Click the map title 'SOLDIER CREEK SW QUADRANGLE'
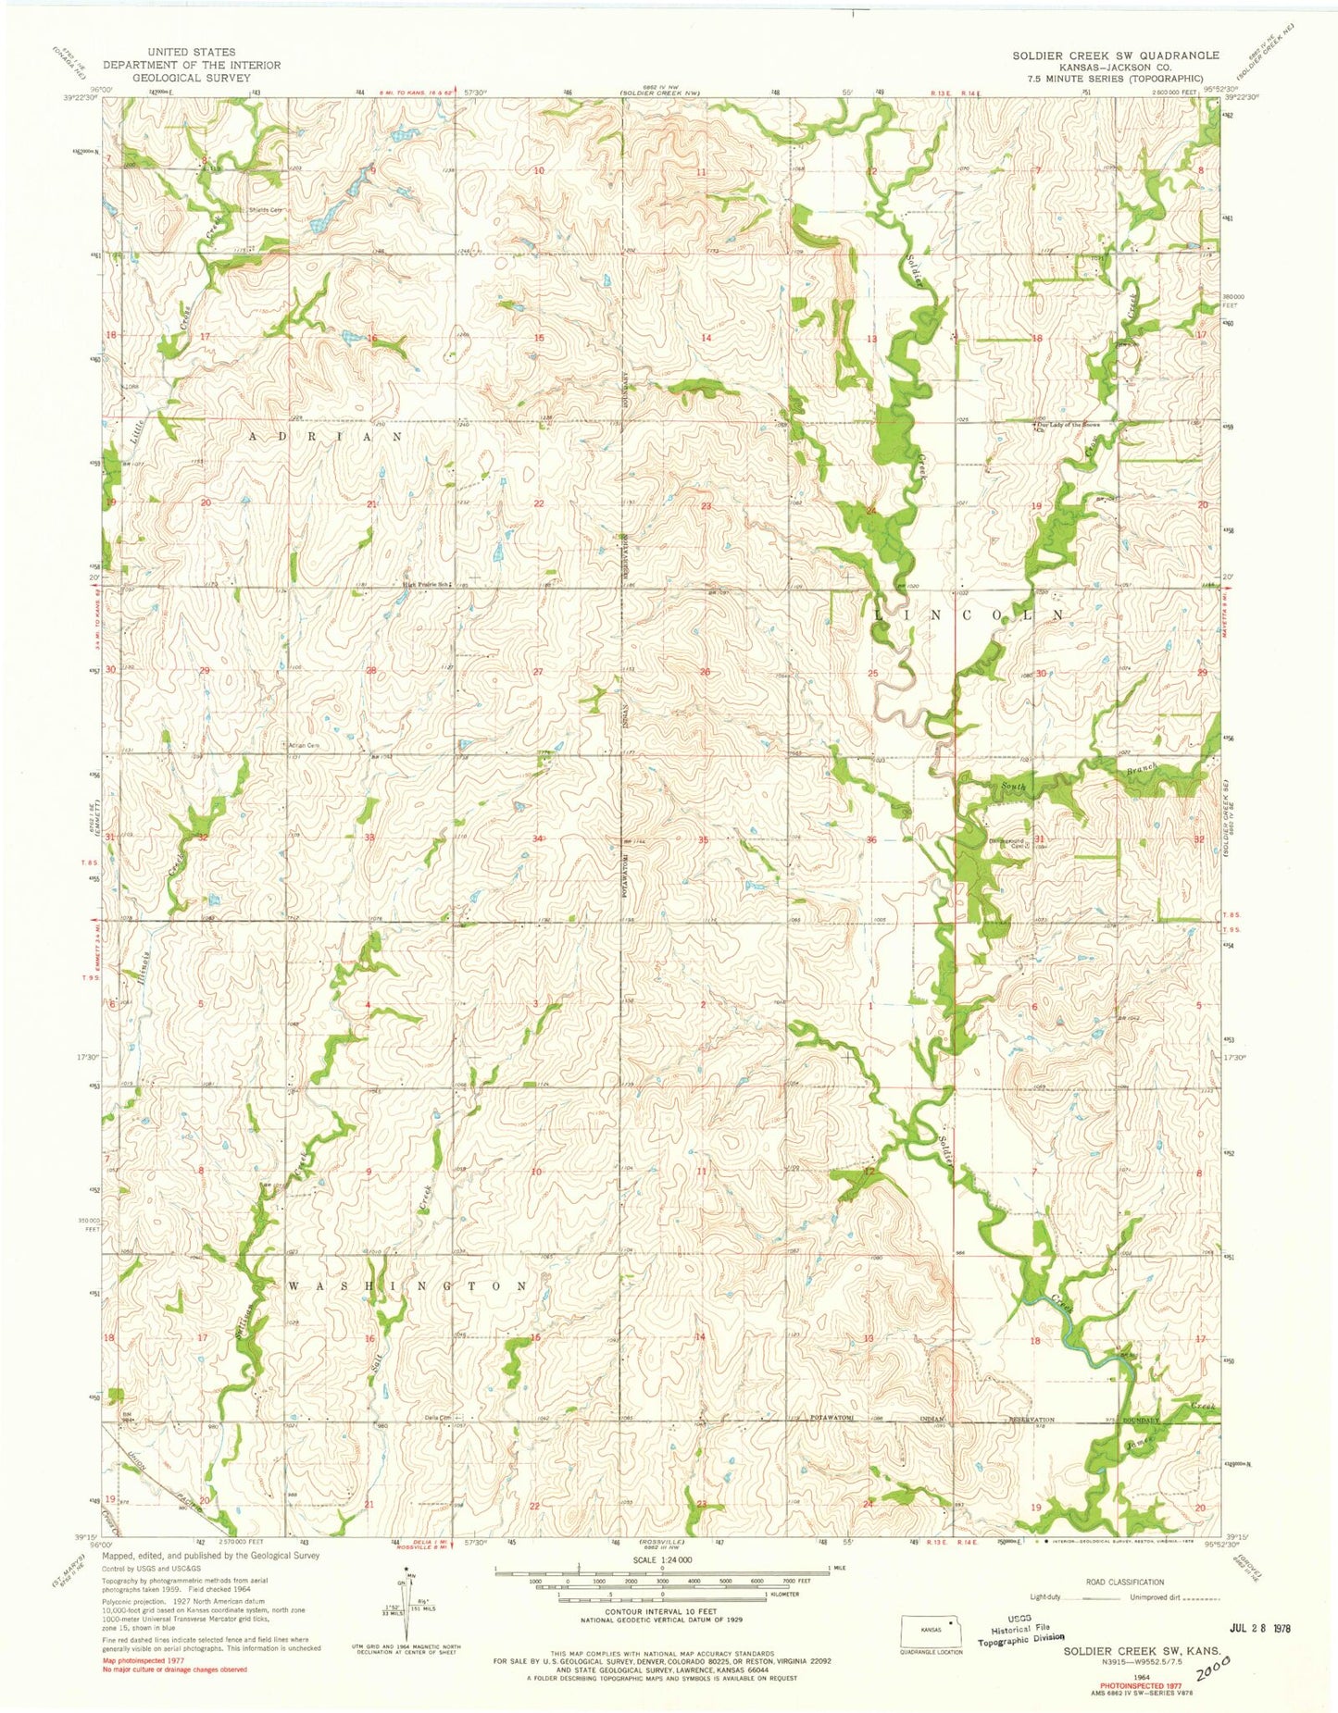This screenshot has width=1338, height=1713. point(1115,56)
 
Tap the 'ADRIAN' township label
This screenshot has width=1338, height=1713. point(324,434)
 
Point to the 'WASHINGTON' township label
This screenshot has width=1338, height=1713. point(408,1286)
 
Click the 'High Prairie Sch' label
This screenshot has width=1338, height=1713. point(425,583)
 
